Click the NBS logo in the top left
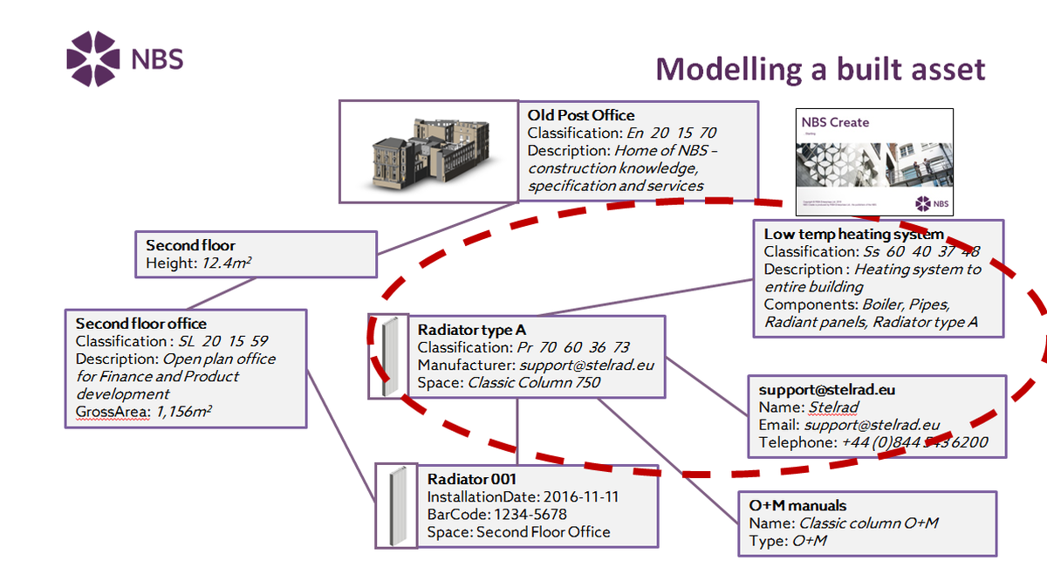pos(124,58)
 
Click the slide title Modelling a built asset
pos(820,69)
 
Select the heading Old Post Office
pos(581,115)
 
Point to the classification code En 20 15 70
pos(672,133)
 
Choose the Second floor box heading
pos(190,245)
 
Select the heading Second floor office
pos(140,324)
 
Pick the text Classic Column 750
pos(534,382)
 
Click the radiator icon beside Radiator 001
pos(396,506)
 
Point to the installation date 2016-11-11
pos(578,496)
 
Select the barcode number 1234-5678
pos(526,514)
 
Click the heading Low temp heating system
pos(853,234)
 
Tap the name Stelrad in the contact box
pos(833,407)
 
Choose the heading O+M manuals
pos(797,505)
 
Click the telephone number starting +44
pos(914,442)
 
